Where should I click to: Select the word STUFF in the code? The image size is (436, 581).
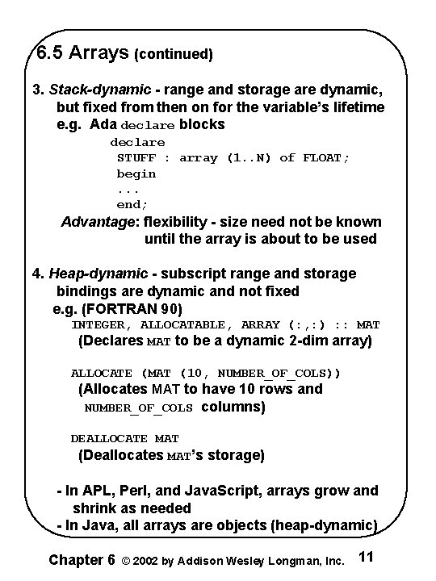click(136, 158)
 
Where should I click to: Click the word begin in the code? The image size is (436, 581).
click(136, 173)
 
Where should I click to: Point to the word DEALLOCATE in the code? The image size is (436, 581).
click(109, 439)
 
